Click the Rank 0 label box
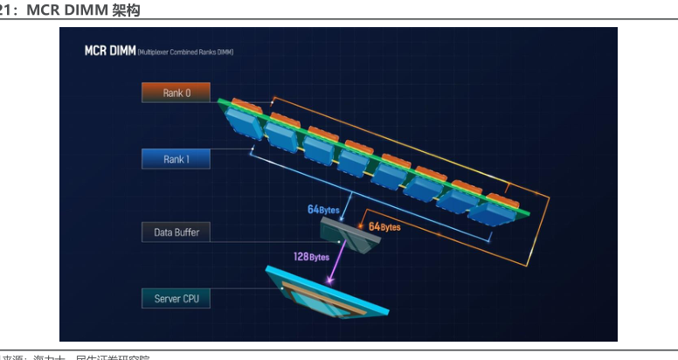176,93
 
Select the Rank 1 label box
176,159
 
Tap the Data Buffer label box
176,232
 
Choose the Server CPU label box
176,299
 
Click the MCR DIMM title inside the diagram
109,52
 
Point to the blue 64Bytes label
323,210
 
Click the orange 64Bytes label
384,227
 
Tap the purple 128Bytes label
311,257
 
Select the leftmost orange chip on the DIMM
246,107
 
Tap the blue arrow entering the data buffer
342,210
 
